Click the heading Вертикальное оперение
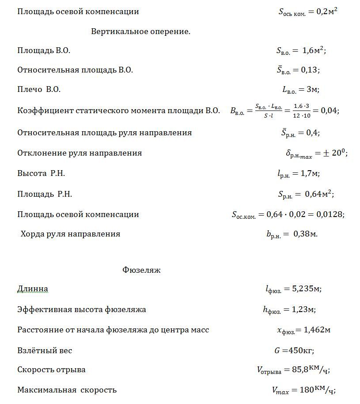click(x=140, y=31)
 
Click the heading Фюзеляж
click(x=141, y=270)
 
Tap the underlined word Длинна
click(x=33, y=289)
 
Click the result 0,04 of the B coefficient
click(x=330, y=111)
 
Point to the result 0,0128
click(x=330, y=215)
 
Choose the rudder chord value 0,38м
click(x=305, y=234)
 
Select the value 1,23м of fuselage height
click(x=303, y=310)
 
